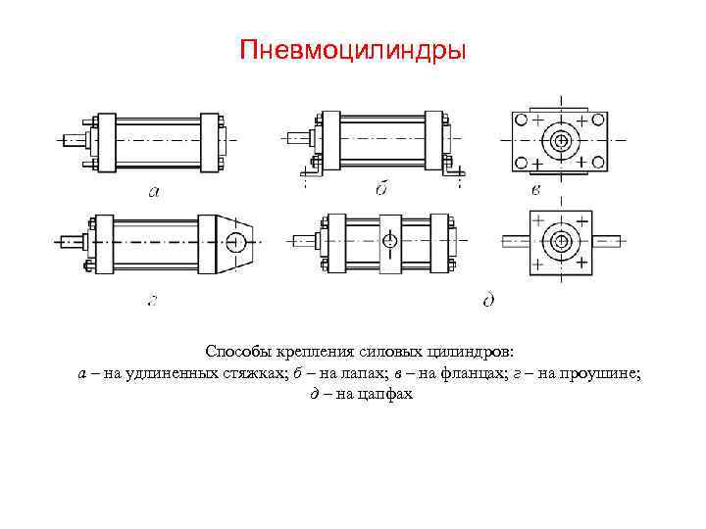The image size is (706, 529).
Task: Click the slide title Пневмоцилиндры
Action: point(354,49)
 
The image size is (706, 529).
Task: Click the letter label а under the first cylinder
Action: point(154,191)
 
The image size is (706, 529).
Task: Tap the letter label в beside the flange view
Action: point(535,189)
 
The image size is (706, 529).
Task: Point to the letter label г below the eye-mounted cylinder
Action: point(152,300)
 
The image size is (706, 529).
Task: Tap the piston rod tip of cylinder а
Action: point(66,140)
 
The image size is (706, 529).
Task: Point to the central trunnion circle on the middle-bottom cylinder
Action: point(389,240)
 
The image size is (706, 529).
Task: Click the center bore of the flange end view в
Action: point(562,141)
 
